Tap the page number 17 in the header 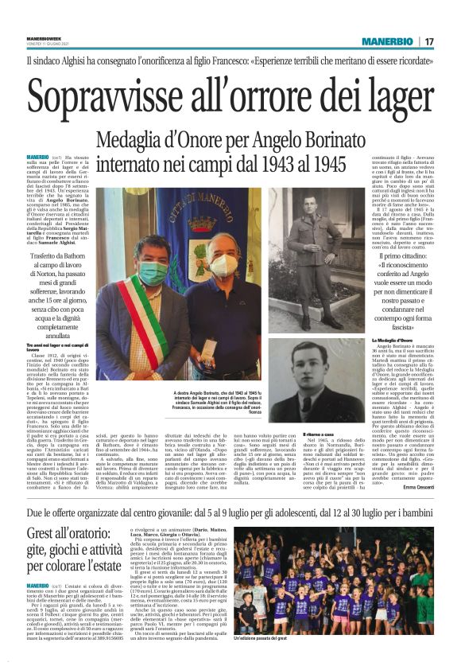point(429,41)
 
